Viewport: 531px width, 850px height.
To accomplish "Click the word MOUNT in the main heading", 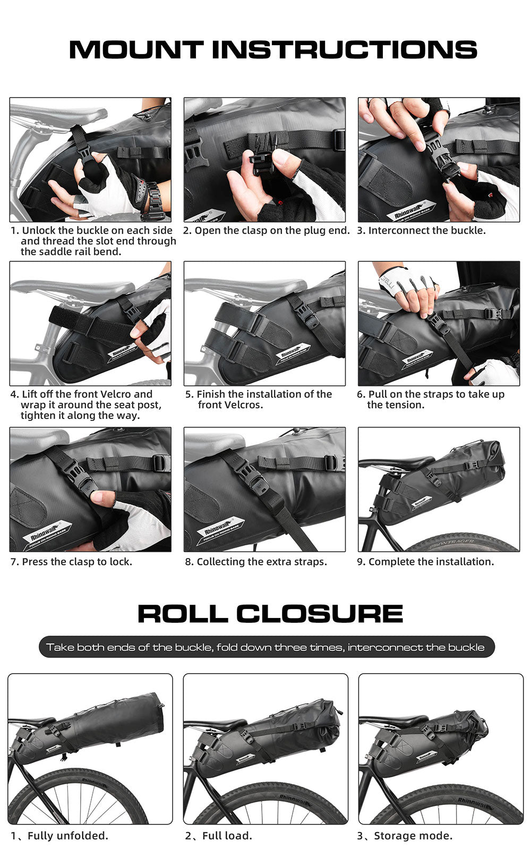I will tap(136, 49).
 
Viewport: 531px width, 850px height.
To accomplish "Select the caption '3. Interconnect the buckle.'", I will tap(422, 230).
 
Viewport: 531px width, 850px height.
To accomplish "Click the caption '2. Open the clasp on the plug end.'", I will tap(267, 230).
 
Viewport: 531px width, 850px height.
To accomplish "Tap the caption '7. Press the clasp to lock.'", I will tap(71, 562).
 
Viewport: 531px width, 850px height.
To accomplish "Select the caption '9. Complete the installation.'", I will tap(425, 562).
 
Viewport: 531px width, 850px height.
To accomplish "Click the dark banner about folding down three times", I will tap(265, 647).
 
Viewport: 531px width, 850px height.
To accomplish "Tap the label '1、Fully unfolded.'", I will tap(59, 836).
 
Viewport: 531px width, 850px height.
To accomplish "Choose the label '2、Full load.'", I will tap(219, 836).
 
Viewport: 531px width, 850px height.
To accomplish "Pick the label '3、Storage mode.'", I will tap(405, 836).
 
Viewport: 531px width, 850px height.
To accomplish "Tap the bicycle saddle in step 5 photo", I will tap(234, 286).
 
